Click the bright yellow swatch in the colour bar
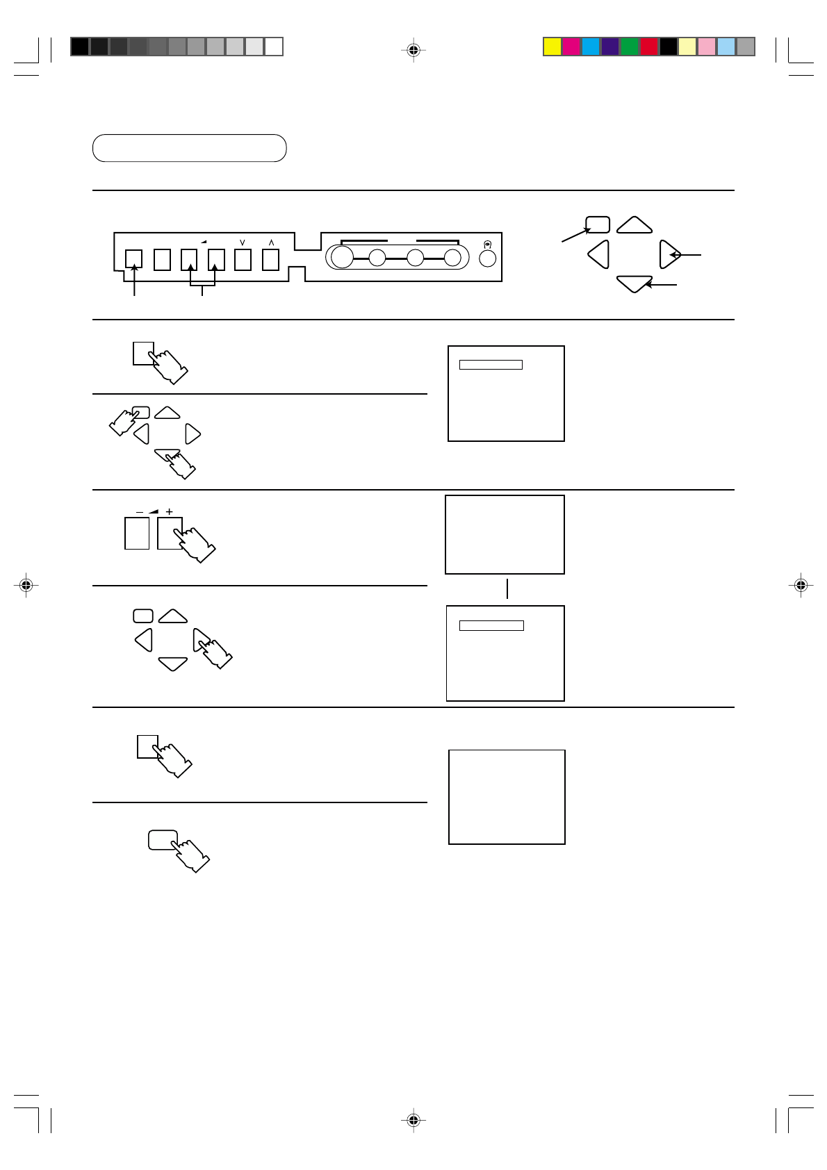tap(552, 47)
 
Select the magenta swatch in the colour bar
tap(571, 47)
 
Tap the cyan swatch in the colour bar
tap(591, 47)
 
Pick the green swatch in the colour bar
tap(629, 47)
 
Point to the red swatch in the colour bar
tap(648, 47)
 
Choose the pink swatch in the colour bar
tap(707, 47)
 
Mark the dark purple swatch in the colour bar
tap(610, 47)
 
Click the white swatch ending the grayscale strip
tap(274, 47)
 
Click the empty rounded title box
tap(189, 148)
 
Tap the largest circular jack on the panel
tap(342, 258)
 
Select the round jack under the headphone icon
tap(488, 258)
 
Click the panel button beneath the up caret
tap(270, 259)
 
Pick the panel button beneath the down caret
tap(243, 259)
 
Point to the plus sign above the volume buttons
tap(169, 512)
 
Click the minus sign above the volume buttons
tap(139, 512)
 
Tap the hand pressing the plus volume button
tap(195, 543)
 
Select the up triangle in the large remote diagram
tap(634, 226)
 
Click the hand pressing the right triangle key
tap(215, 651)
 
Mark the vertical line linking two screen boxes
tap(507, 588)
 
